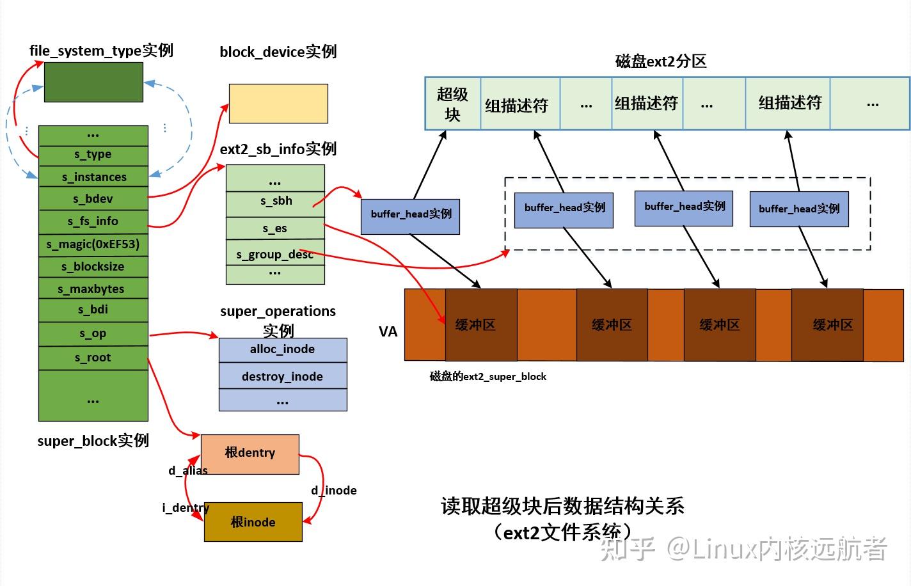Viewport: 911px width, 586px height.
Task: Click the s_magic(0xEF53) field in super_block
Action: point(93,244)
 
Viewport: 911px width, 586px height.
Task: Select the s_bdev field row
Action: point(93,199)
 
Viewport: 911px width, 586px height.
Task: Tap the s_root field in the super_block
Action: point(93,358)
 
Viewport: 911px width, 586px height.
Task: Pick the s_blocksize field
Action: point(93,267)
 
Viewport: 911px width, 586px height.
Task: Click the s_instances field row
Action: point(93,177)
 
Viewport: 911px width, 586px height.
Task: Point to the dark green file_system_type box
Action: point(93,82)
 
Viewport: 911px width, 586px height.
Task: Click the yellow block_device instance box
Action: point(278,103)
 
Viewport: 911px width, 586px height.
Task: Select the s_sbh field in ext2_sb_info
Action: point(276,201)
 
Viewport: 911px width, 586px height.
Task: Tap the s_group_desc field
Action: point(274,255)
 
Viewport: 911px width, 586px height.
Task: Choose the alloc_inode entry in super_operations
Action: point(282,349)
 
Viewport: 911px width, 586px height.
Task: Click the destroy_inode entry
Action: point(282,376)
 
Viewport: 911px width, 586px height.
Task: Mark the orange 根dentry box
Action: point(250,454)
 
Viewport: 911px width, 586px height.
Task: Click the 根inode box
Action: point(253,522)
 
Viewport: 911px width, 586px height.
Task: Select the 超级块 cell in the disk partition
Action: point(452,104)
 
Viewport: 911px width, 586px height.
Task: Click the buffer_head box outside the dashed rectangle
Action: point(411,214)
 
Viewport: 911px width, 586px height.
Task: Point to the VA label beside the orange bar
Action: point(388,331)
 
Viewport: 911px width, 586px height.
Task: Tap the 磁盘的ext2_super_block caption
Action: point(487,377)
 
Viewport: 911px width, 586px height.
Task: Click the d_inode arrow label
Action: point(333,491)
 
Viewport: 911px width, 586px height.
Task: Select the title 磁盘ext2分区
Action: point(660,61)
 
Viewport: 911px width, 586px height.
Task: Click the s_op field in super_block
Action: point(93,334)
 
